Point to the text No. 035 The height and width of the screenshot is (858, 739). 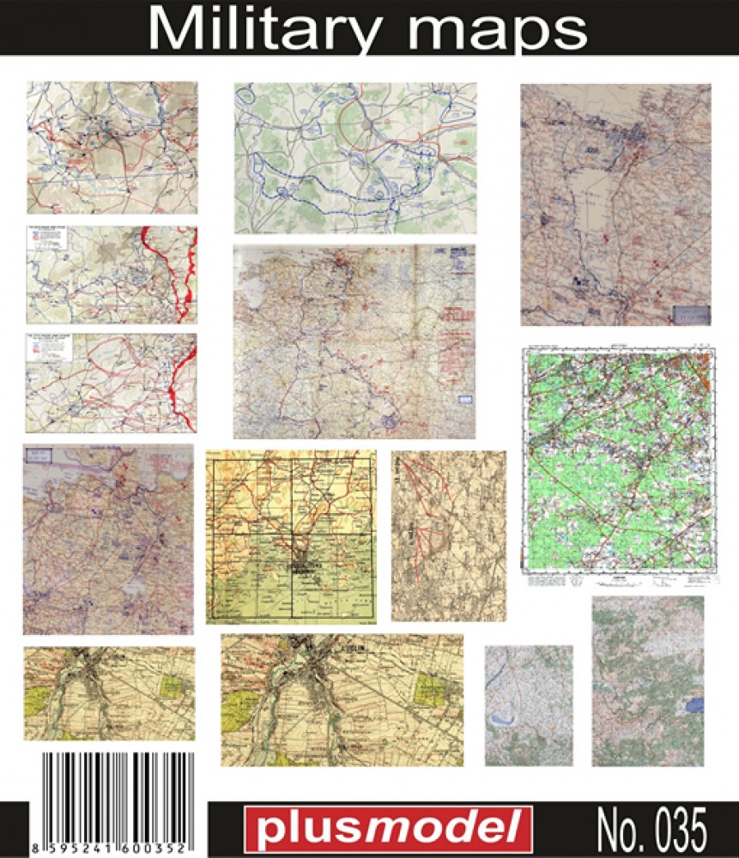coord(651,830)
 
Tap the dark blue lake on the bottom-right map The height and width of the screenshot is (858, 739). coord(696,704)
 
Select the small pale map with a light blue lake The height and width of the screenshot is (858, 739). coord(528,704)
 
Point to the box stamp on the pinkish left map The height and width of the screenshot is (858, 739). coord(39,457)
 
